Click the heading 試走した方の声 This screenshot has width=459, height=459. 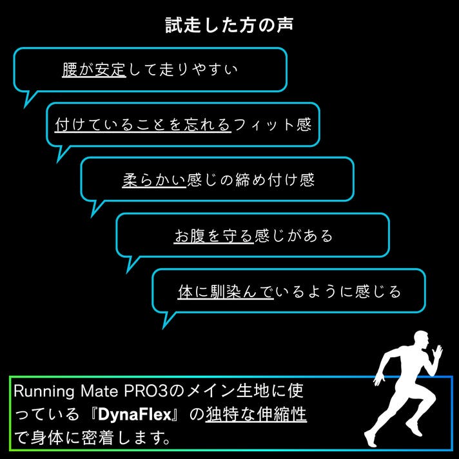[x=229, y=26]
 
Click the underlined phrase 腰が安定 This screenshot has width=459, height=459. [x=93, y=69]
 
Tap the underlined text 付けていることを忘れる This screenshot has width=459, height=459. [x=142, y=124]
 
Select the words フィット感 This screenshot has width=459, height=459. [x=273, y=124]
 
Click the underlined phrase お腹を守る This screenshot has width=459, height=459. [x=214, y=235]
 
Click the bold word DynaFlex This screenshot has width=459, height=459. [x=133, y=415]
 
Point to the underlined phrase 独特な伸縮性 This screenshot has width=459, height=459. [x=256, y=415]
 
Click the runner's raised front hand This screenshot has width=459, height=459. [x=439, y=351]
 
